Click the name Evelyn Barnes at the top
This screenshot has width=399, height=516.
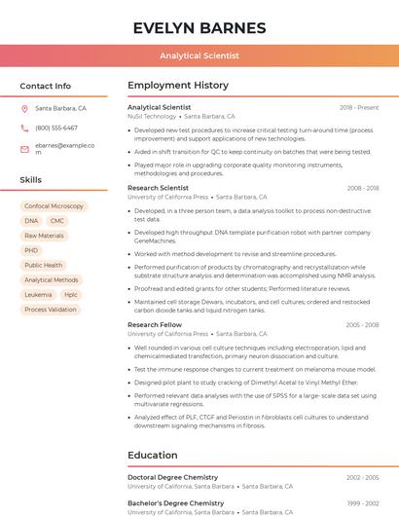(x=199, y=27)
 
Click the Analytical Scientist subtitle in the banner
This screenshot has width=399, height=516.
(x=199, y=55)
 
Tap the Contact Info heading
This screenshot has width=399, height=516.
(x=45, y=86)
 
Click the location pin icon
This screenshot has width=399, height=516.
(x=24, y=109)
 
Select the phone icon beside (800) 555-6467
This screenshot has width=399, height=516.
(x=24, y=129)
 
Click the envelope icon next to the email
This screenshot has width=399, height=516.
(x=24, y=148)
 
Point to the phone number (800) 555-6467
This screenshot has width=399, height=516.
(x=56, y=129)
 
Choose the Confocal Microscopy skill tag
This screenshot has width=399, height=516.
(x=54, y=206)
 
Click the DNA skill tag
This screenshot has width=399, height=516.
(x=31, y=221)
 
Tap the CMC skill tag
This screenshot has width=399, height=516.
(x=57, y=221)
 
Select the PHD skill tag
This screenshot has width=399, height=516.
(x=31, y=250)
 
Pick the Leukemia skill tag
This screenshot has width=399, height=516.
(x=38, y=294)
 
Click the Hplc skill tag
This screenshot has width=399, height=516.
(x=71, y=294)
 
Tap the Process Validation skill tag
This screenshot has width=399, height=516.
(x=50, y=310)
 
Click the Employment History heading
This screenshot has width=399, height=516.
(x=178, y=86)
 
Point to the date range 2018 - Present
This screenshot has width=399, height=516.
(x=359, y=108)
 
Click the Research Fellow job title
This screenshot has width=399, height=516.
(x=155, y=325)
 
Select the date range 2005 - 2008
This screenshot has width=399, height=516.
(x=362, y=325)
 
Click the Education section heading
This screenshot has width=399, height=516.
(x=153, y=455)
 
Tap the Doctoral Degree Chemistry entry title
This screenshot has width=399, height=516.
(x=173, y=477)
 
